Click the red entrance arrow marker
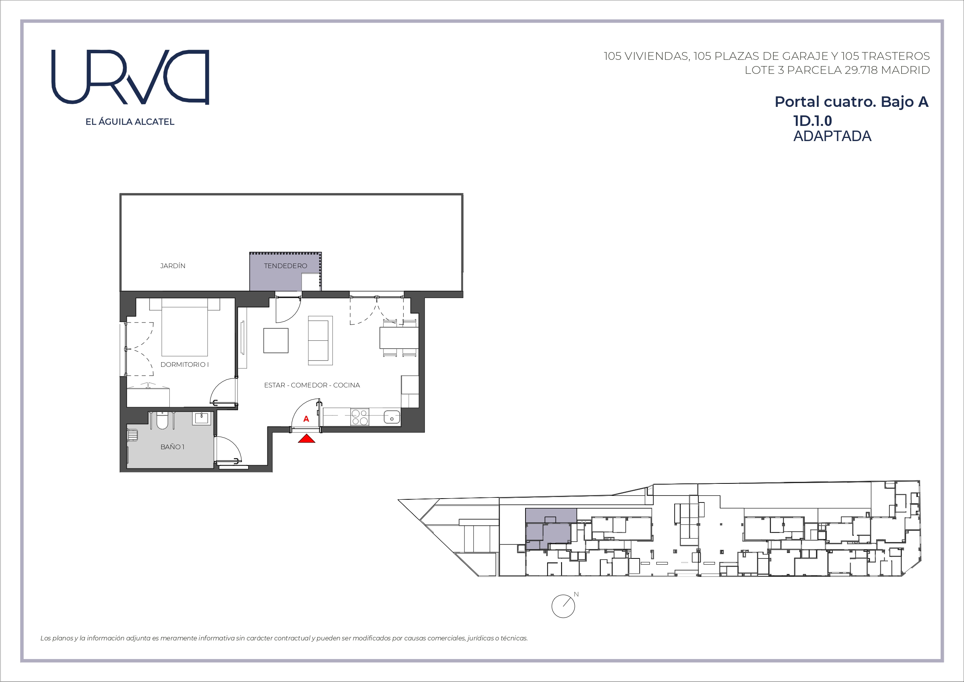[x=306, y=439]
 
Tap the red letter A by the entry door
[x=306, y=419]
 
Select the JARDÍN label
[x=172, y=265]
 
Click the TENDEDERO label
[x=285, y=265]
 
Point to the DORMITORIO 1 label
[x=184, y=365]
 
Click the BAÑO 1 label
[x=172, y=447]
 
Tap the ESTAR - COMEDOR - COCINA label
[x=312, y=385]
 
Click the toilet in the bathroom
[x=162, y=420]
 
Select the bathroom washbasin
[x=202, y=419]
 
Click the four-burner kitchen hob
[x=360, y=417]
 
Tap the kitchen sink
[x=392, y=417]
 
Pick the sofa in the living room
[x=320, y=340]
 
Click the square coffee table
[x=276, y=340]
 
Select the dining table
[x=399, y=338]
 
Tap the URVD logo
[x=130, y=77]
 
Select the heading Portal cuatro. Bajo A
[x=851, y=102]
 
